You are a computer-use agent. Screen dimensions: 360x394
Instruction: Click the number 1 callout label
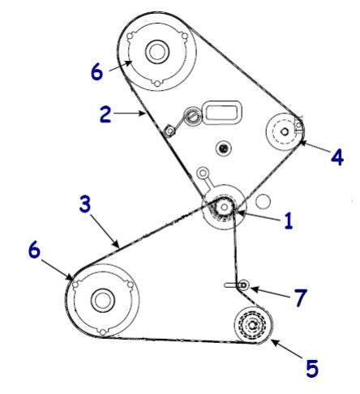(289, 221)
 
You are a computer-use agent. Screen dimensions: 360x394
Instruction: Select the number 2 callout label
(105, 114)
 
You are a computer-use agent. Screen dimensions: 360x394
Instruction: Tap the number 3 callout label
(85, 204)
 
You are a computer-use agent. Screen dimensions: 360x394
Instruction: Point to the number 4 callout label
(337, 156)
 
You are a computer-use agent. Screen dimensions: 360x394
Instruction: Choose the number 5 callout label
(312, 368)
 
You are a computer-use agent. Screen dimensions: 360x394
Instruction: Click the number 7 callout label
(301, 298)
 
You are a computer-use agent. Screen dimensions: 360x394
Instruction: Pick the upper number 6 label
(96, 72)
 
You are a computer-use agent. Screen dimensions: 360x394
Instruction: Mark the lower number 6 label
(34, 250)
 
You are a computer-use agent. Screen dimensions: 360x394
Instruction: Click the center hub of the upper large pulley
(157, 52)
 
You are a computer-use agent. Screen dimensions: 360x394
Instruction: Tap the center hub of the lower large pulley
(103, 300)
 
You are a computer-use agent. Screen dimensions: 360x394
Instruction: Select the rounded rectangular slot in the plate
(221, 112)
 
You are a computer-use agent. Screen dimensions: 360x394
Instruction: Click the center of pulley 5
(253, 326)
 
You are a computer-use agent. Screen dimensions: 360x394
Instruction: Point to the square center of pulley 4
(284, 131)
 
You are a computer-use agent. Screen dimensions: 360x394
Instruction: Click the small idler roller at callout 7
(244, 285)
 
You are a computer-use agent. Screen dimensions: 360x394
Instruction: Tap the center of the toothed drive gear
(224, 208)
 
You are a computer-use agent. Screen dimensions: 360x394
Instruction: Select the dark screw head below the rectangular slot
(223, 148)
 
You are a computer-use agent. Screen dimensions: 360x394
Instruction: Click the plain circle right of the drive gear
(263, 201)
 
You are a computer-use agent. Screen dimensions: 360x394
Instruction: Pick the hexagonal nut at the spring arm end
(169, 131)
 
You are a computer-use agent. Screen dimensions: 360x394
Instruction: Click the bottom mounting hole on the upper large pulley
(157, 84)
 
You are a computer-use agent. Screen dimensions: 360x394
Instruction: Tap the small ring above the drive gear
(202, 173)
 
